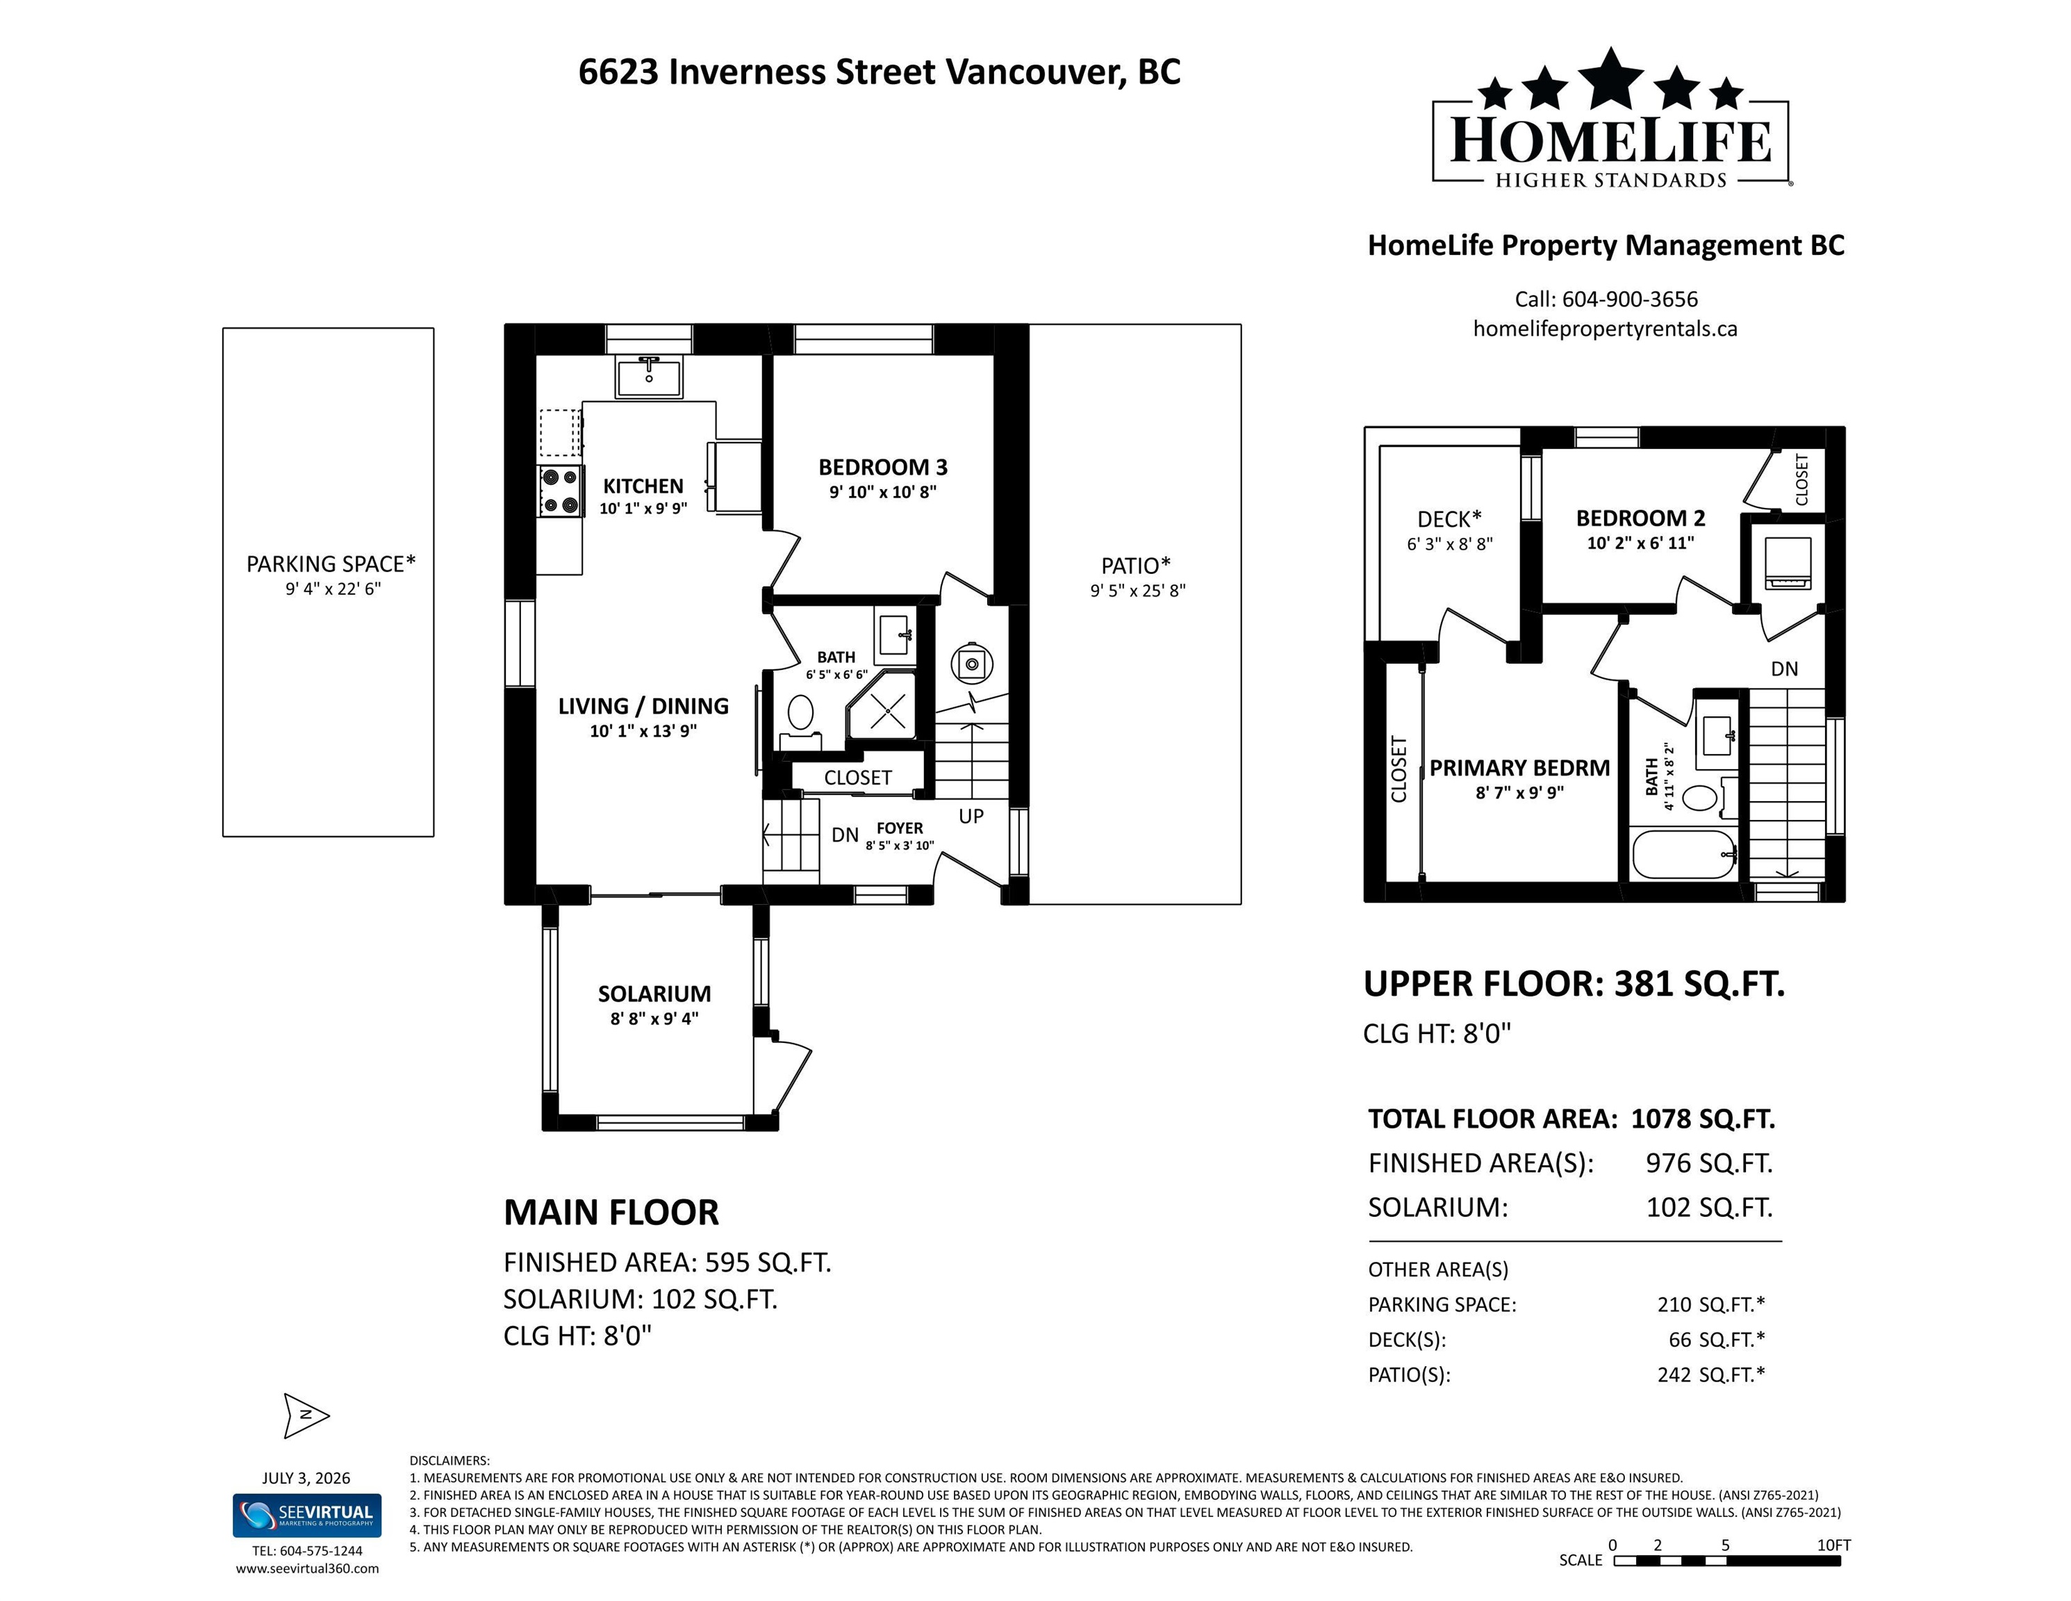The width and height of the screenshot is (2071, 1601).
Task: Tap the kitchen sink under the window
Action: click(x=649, y=377)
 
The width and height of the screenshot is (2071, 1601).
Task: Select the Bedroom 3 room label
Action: click(x=883, y=467)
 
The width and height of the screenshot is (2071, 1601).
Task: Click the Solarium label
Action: click(x=654, y=993)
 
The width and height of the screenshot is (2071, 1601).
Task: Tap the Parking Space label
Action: click(x=331, y=564)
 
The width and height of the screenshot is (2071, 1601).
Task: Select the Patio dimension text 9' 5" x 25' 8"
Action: click(x=1138, y=591)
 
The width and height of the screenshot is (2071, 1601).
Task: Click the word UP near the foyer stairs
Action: click(x=971, y=816)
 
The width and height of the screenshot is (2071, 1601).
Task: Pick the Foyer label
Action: click(x=899, y=828)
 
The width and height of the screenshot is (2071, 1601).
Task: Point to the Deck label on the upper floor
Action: click(x=1449, y=519)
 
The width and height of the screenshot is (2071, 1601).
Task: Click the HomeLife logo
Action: click(x=1611, y=119)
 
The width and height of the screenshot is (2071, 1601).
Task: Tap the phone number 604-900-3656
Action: click(x=1630, y=299)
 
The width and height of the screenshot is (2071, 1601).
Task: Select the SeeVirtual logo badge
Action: click(x=307, y=1515)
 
